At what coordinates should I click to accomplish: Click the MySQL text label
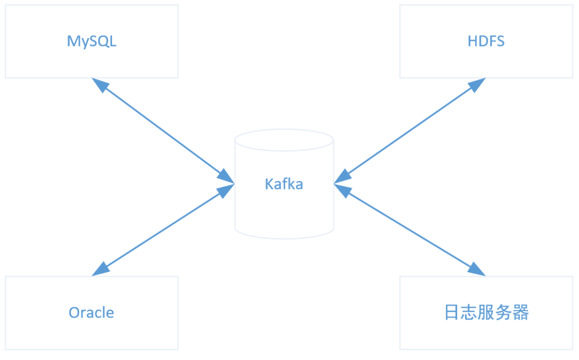pyautogui.click(x=92, y=41)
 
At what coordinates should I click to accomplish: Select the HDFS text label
pyautogui.click(x=486, y=41)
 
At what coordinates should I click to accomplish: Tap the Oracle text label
pyautogui.click(x=91, y=312)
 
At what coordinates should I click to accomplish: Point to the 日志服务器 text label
pyautogui.click(x=486, y=312)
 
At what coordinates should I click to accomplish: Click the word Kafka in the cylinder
pyautogui.click(x=284, y=184)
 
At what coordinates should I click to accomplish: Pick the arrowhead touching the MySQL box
pyautogui.click(x=100, y=85)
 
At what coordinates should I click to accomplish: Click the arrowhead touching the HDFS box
pyautogui.click(x=477, y=85)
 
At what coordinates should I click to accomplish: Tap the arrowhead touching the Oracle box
pyautogui.click(x=100, y=269)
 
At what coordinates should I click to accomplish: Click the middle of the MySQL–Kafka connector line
pyautogui.click(x=163, y=131)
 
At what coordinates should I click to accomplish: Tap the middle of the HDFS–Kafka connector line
pyautogui.click(x=410, y=131)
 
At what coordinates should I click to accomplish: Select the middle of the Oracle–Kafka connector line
pyautogui.click(x=163, y=230)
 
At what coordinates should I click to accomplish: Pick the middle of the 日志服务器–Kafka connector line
pyautogui.click(x=410, y=230)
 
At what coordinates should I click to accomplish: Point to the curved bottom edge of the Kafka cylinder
pyautogui.click(x=284, y=238)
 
